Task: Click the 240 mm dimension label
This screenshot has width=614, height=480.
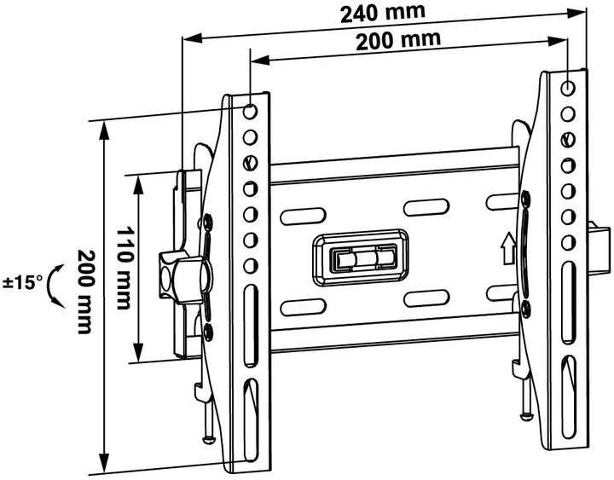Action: point(376,14)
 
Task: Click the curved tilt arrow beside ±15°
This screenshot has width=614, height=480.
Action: point(55,284)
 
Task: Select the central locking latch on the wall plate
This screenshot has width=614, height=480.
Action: point(363,257)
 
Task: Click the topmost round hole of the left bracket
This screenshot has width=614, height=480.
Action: point(251,112)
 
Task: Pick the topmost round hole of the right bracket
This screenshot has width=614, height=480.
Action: point(569,87)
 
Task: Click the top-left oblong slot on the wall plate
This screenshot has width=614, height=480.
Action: point(298,217)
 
